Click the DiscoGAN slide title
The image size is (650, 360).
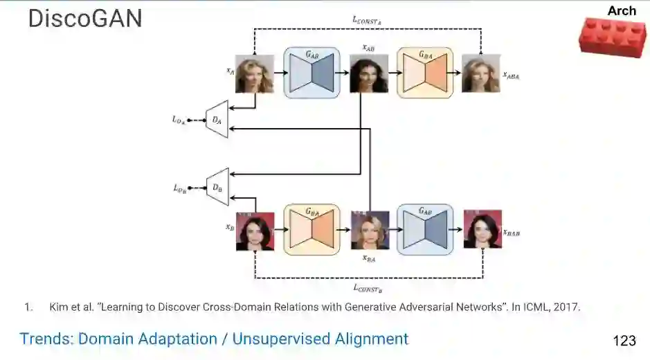coord(85,19)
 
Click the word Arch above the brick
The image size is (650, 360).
coord(621,10)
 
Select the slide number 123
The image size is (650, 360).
coord(624,341)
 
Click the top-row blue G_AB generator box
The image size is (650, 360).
coord(312,72)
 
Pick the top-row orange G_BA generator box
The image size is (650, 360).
coord(424,72)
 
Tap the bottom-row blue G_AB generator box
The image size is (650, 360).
coord(424,229)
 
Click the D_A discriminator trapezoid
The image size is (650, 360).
coord(217,120)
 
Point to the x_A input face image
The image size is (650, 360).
coord(255,73)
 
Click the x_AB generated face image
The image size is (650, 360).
coord(369,74)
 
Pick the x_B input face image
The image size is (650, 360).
coord(255,231)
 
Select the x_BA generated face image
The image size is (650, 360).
coord(370,231)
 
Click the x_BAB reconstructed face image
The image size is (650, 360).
coord(482,230)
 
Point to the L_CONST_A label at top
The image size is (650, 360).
coord(368,21)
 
